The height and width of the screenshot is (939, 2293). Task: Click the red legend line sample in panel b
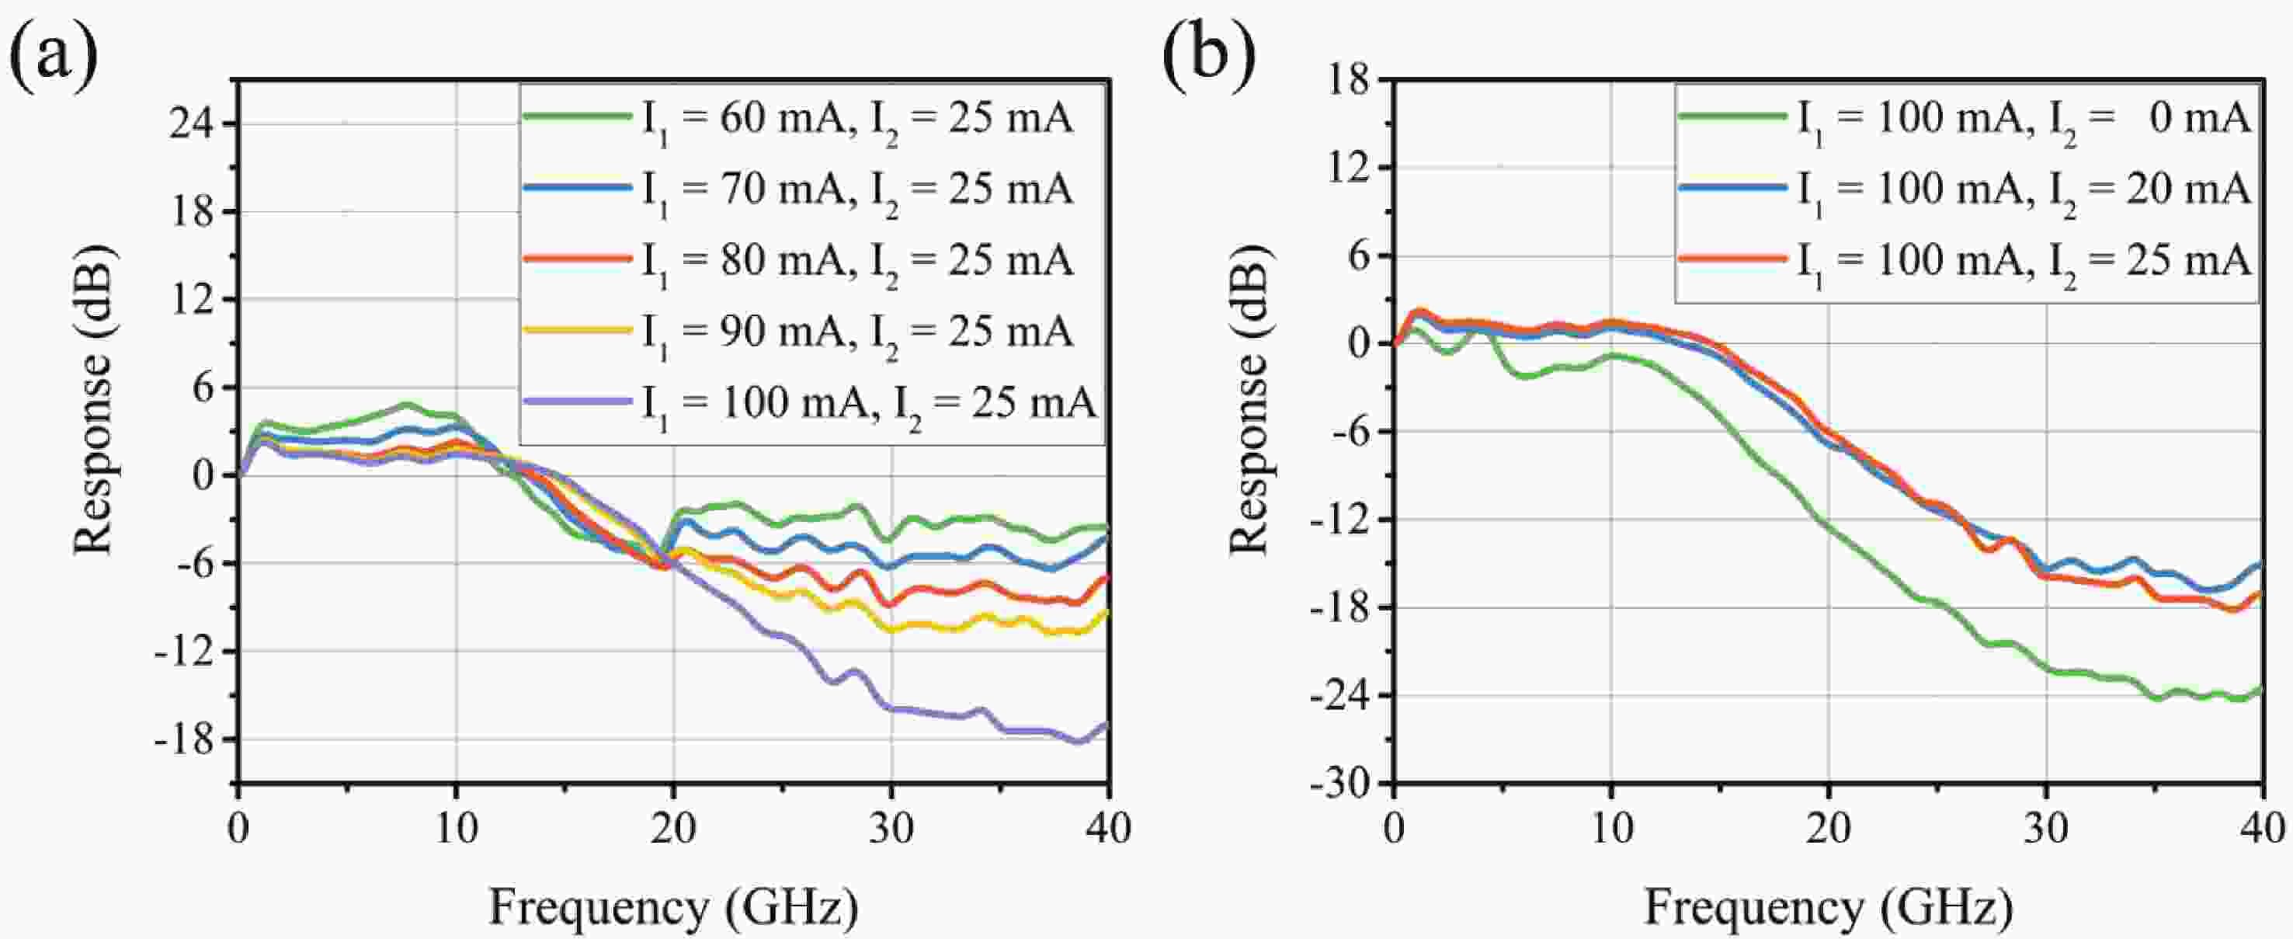click(1732, 259)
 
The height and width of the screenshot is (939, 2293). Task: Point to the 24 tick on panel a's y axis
click(193, 123)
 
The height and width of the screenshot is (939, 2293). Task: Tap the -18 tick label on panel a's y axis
click(185, 739)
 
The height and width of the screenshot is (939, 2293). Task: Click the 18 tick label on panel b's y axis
click(1348, 80)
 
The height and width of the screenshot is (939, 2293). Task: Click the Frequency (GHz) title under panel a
click(674, 908)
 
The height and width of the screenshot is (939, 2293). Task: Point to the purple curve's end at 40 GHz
click(1107, 725)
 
